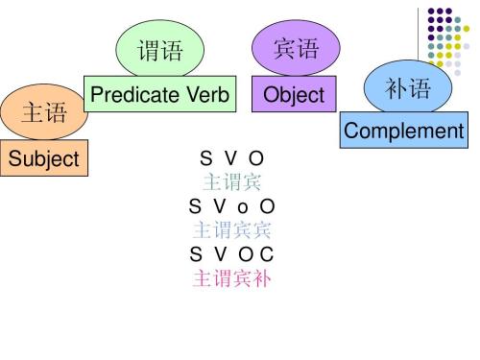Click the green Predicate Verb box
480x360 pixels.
click(158, 94)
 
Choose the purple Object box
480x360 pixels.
click(295, 95)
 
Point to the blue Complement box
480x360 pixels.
click(403, 131)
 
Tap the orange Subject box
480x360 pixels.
click(44, 158)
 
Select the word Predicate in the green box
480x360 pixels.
click(134, 94)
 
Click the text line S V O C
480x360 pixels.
click(231, 254)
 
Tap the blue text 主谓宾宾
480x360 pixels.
click(231, 230)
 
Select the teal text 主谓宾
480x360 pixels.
click(231, 180)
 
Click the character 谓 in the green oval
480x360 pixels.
click(149, 49)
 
